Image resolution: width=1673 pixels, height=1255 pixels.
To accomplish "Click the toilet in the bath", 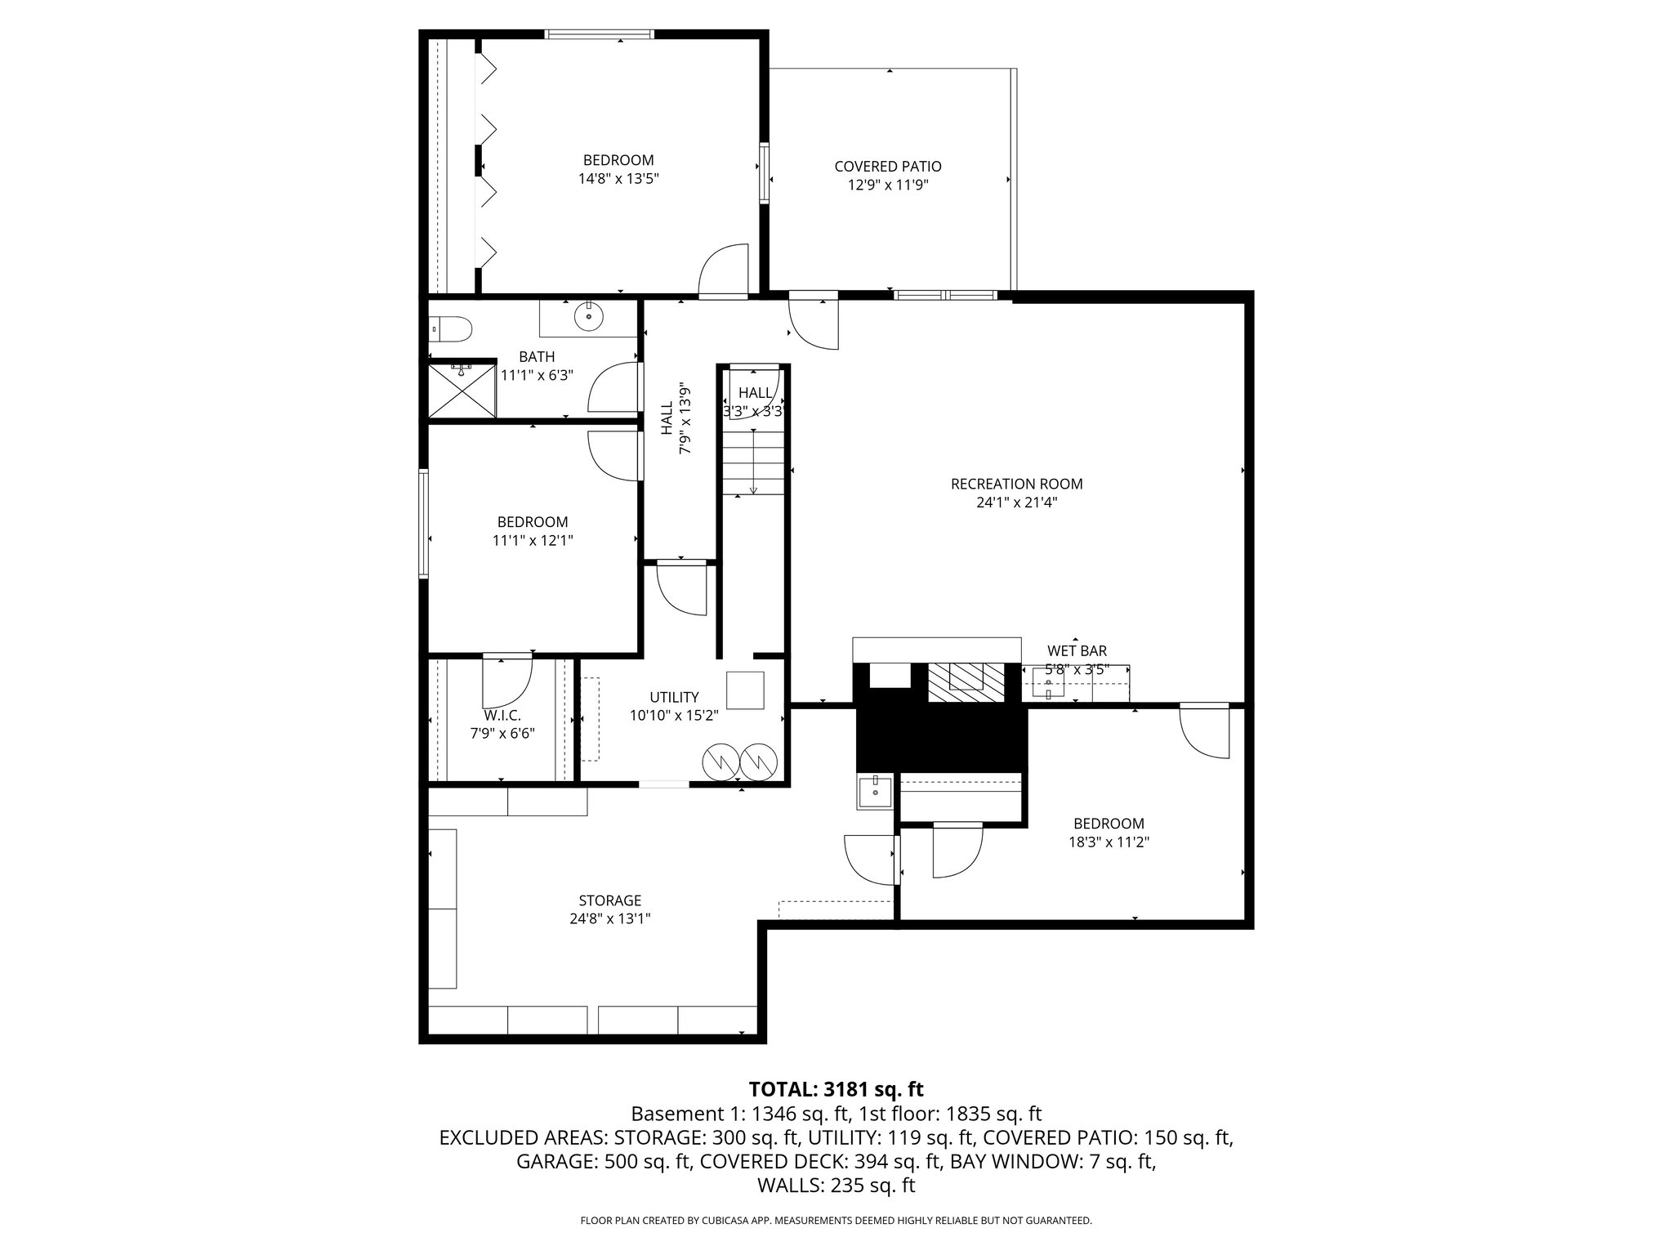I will click(452, 328).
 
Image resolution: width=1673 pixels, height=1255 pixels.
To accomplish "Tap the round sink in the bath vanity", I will click(588, 316).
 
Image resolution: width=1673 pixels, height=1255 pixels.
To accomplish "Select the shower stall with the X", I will click(463, 390).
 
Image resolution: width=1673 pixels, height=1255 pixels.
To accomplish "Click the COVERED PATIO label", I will click(887, 167).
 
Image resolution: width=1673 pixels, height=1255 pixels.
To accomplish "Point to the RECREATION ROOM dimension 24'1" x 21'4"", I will click(1016, 502).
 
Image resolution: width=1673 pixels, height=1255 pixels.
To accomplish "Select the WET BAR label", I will click(1077, 651).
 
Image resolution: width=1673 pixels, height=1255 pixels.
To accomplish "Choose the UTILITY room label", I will click(674, 697).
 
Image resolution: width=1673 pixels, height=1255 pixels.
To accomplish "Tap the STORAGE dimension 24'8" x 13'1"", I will click(609, 918).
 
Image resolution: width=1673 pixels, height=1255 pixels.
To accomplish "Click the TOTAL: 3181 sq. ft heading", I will click(836, 1089).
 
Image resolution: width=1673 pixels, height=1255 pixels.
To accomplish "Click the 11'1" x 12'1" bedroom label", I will click(532, 522).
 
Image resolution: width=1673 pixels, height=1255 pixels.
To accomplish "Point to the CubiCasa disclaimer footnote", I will click(836, 1221).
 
